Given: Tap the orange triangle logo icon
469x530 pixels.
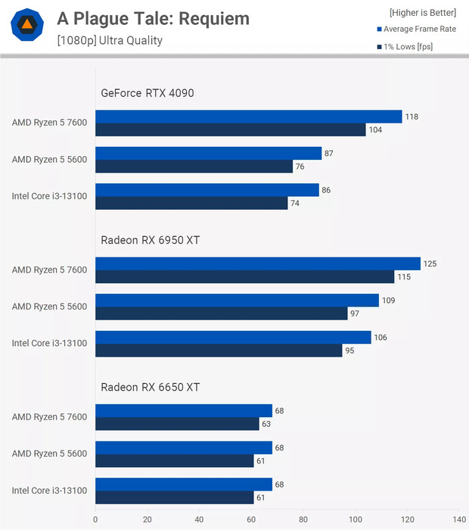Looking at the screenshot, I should [x=26, y=26].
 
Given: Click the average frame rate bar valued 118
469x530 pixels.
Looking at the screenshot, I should [x=249, y=117].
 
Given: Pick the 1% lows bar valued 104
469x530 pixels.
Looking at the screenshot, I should [x=231, y=129].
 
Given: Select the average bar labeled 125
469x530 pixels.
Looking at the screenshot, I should [x=258, y=263].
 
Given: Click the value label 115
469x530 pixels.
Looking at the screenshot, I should [x=405, y=277].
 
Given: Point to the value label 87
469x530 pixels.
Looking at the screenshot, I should [x=328, y=153].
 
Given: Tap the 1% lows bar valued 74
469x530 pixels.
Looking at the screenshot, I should [x=191, y=203].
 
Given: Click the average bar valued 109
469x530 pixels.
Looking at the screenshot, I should [x=237, y=301].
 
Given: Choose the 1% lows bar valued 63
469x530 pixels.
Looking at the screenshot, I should [x=177, y=424].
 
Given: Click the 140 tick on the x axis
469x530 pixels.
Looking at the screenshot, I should [x=458, y=519].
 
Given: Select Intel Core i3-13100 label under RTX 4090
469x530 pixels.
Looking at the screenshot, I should [x=49, y=196].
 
